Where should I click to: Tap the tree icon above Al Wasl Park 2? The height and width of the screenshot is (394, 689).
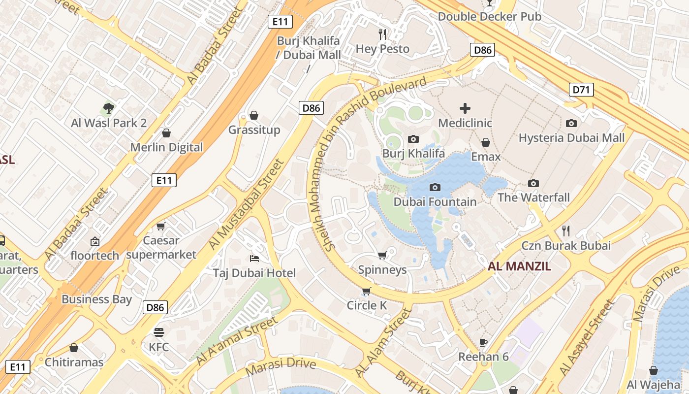(109, 108)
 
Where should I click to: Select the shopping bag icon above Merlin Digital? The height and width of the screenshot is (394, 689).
(166, 133)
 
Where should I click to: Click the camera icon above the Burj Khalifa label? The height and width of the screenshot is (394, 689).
(413, 139)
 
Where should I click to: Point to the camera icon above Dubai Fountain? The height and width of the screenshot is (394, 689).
(435, 187)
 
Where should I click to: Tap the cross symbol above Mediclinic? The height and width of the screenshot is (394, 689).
(465, 108)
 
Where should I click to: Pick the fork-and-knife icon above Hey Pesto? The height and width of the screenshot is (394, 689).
(382, 34)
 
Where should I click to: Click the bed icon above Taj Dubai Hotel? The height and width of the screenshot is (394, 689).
(254, 258)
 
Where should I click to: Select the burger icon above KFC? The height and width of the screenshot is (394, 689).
(158, 332)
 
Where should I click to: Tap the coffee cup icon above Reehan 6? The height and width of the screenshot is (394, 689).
(483, 342)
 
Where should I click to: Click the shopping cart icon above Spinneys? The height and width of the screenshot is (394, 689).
(382, 255)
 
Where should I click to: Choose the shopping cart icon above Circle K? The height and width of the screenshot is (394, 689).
(366, 291)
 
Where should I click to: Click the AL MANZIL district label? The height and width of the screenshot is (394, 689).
(519, 266)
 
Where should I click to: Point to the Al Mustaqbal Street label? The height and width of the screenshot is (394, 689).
(247, 204)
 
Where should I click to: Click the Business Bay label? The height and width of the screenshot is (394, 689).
(96, 299)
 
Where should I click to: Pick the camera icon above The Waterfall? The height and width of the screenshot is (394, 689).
(533, 183)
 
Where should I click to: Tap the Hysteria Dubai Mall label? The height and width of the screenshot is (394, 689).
(571, 137)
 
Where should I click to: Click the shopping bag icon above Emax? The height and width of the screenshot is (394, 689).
(486, 142)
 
